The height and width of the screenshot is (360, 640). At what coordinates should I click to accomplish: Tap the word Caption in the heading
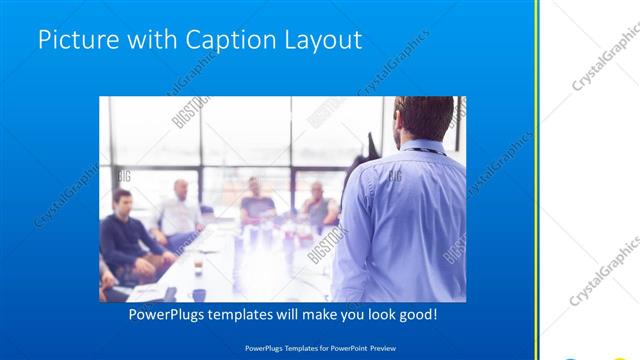(x=217, y=41)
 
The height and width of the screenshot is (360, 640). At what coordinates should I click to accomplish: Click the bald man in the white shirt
(x=180, y=211)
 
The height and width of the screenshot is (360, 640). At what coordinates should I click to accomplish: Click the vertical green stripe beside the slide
(x=537, y=180)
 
